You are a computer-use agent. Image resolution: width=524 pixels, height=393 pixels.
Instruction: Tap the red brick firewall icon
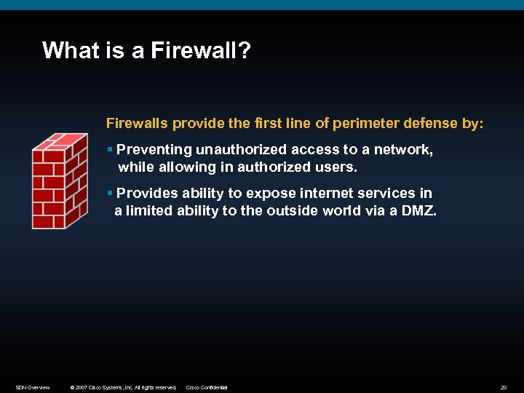(x=59, y=181)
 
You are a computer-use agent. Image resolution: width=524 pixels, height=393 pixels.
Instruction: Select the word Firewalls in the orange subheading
(x=138, y=123)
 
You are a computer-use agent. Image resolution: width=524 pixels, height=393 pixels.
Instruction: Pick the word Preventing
(x=154, y=149)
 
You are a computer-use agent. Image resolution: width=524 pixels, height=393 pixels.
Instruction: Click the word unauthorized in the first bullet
(x=242, y=149)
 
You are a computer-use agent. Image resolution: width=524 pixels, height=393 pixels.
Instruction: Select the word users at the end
(x=338, y=167)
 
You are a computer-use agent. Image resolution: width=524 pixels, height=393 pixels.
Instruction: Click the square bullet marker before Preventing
(x=109, y=150)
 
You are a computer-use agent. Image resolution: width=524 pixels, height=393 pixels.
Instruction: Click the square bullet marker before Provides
(x=109, y=194)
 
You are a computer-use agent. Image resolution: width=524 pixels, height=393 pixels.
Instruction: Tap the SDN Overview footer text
(x=33, y=387)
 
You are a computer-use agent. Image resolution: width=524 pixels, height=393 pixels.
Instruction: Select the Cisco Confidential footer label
(x=207, y=387)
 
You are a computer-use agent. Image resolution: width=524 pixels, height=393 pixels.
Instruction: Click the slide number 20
(x=503, y=387)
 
